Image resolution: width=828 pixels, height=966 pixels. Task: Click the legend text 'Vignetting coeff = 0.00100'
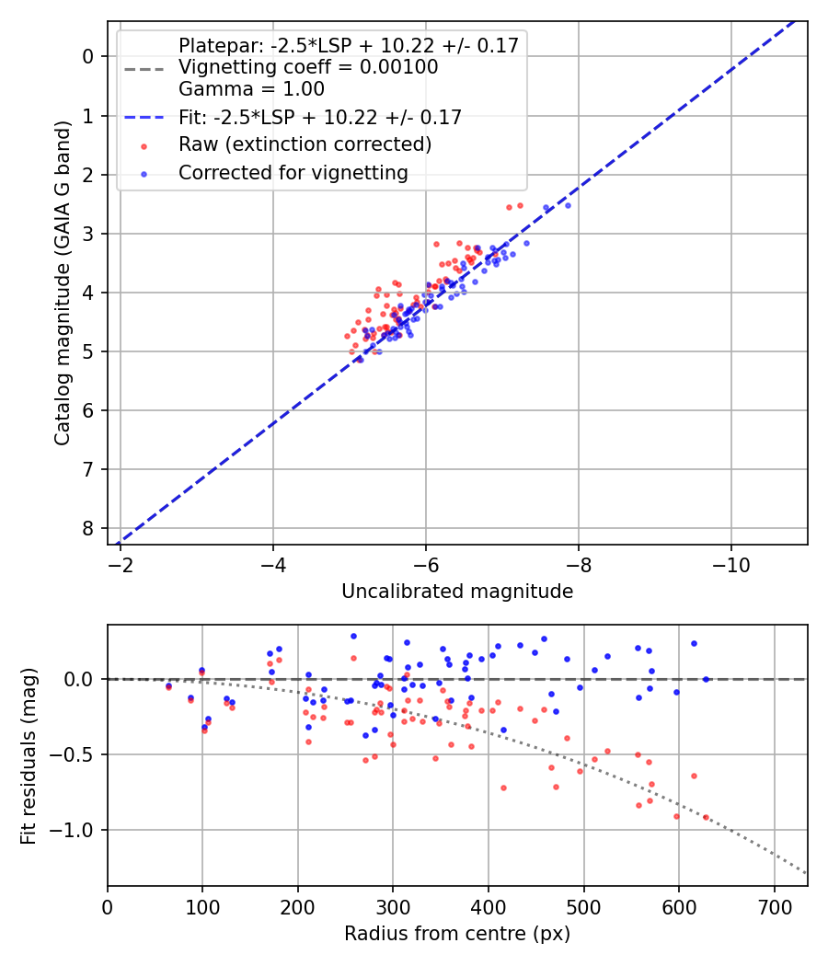pyautogui.click(x=308, y=67)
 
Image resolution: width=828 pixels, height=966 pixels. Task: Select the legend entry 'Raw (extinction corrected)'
pyautogui.click(x=305, y=144)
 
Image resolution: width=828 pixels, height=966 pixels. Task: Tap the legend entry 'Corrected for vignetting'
pyautogui.click(x=293, y=172)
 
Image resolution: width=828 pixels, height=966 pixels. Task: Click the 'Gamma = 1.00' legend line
pyautogui.click(x=251, y=89)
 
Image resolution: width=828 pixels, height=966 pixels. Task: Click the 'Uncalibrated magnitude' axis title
pyautogui.click(x=457, y=592)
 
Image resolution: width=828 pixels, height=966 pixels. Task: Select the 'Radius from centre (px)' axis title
pyautogui.click(x=457, y=934)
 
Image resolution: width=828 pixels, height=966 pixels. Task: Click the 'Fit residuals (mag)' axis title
pyautogui.click(x=29, y=755)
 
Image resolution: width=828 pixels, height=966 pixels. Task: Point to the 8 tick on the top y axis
pyautogui.click(x=88, y=528)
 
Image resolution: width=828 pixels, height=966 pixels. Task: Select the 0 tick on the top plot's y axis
pyautogui.click(x=88, y=57)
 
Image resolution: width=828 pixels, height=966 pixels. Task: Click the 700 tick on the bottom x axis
pyautogui.click(x=774, y=905)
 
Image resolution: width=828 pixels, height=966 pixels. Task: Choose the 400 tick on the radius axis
pyautogui.click(x=489, y=905)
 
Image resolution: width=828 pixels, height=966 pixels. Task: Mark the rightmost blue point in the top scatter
pyautogui.click(x=568, y=205)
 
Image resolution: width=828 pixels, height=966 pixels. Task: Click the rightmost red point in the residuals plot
pyautogui.click(x=707, y=817)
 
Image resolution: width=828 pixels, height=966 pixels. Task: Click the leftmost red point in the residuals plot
pyautogui.click(x=168, y=687)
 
